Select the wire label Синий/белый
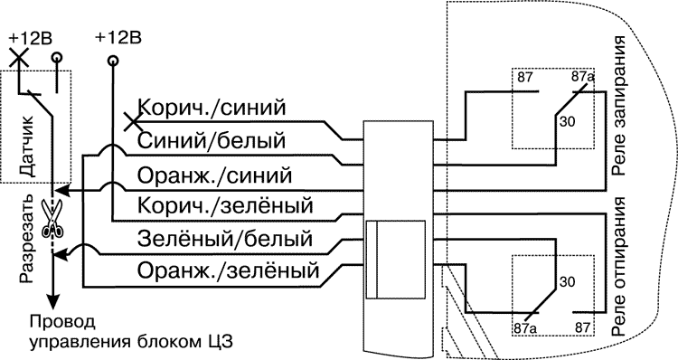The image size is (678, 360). (212, 141)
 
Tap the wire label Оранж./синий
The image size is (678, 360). (214, 173)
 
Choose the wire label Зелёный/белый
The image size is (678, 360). (225, 239)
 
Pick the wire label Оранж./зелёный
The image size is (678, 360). (229, 270)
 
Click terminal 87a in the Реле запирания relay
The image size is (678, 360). (583, 79)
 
